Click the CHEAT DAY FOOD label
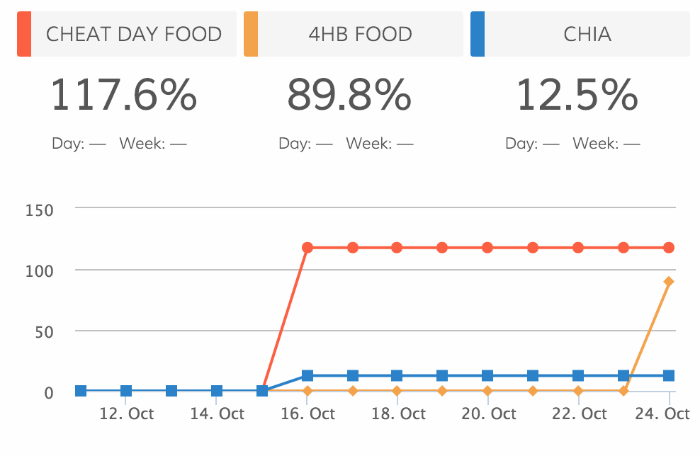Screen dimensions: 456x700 134,34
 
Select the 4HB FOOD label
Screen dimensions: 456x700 360,34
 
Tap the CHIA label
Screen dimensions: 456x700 587,34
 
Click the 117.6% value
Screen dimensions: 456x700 123,96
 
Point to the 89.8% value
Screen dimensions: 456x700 349,96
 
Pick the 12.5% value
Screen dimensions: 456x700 577,96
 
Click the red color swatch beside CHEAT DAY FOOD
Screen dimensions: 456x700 24,34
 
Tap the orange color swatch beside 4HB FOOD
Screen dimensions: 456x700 251,34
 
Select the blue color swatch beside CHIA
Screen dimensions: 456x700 478,34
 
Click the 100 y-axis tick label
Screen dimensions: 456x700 39,270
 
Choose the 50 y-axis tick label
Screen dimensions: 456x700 44,331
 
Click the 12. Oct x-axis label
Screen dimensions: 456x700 126,414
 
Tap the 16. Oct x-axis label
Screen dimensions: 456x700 307,414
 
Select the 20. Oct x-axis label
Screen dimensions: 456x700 488,414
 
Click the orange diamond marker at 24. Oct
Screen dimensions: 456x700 669,282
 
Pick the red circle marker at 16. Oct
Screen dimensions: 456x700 307,248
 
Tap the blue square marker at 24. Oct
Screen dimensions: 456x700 669,375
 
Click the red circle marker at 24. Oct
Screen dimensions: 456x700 669,248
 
